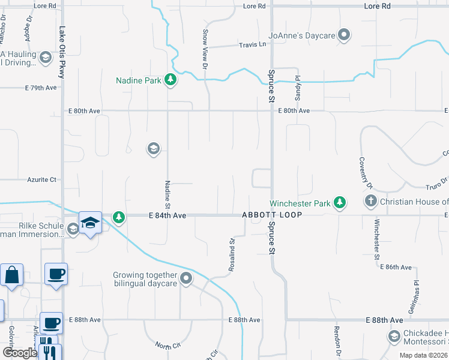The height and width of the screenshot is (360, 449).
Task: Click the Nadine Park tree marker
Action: coord(170,79)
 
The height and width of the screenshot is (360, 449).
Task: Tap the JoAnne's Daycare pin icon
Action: coord(344,35)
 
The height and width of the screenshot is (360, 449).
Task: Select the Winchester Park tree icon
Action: coord(340,203)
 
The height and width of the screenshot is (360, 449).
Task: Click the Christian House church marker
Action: coord(371,201)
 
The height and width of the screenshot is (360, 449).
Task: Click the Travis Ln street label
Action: coord(252,44)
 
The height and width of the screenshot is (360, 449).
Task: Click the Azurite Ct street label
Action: coord(41,179)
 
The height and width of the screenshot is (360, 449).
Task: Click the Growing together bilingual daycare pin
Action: coord(186,277)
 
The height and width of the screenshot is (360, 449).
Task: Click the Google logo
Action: coord(19,352)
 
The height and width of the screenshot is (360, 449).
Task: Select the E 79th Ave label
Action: coord(41,88)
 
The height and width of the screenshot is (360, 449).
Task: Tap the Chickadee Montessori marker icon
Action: coord(394,336)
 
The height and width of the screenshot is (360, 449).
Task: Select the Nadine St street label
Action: coord(168,194)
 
